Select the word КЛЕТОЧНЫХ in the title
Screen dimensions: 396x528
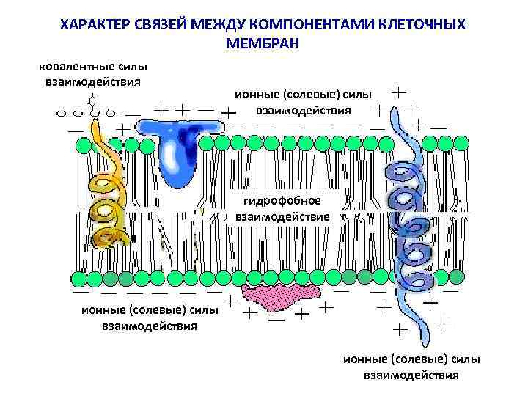pos(423,25)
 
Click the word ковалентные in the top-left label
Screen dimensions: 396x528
pos(75,67)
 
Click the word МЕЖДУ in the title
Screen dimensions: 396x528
pos(218,25)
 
